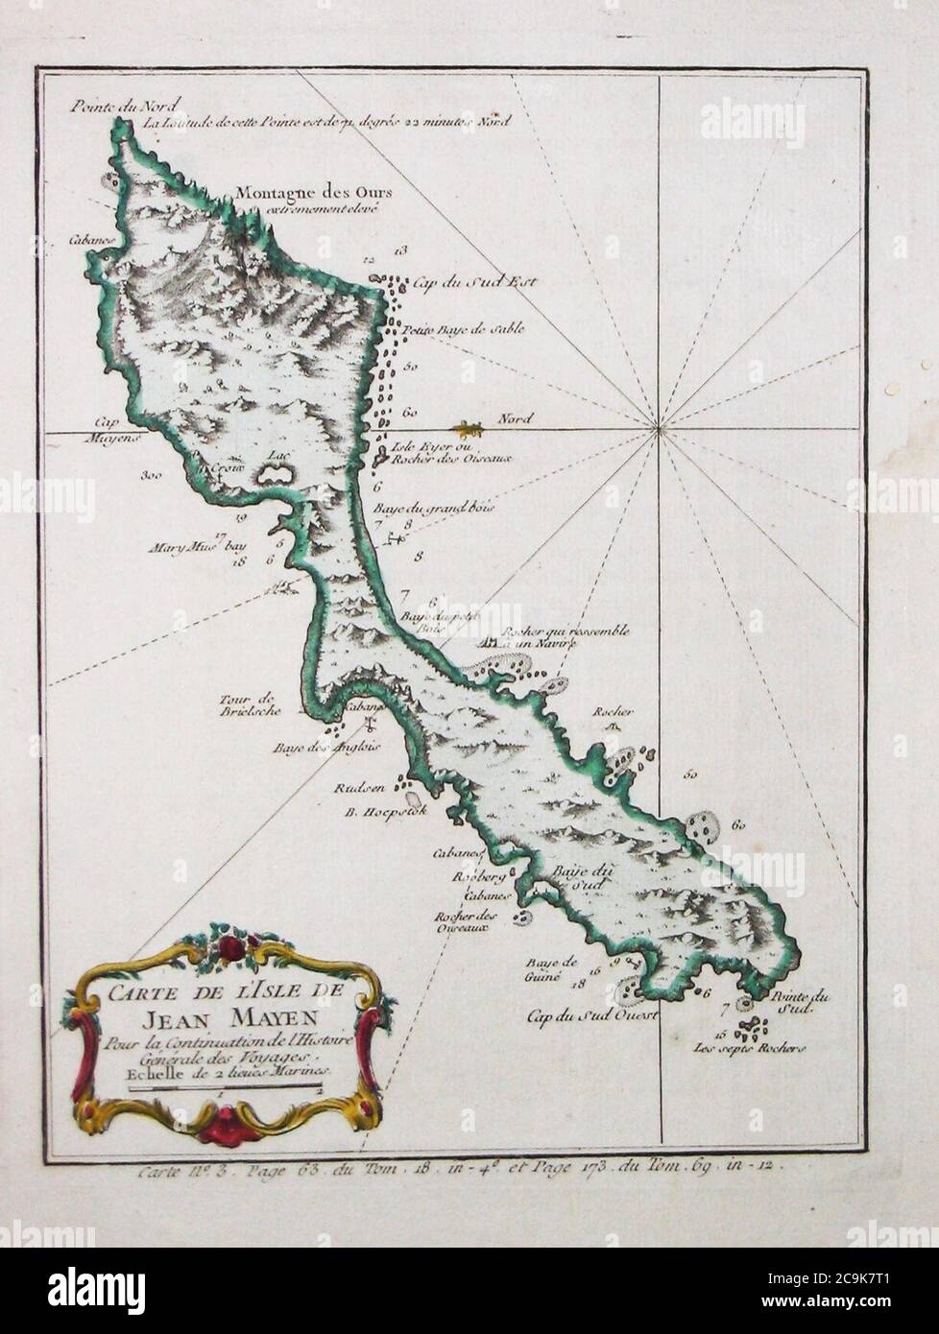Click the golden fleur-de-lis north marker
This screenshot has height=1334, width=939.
[468, 426]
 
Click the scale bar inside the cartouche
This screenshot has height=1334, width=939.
[221, 1084]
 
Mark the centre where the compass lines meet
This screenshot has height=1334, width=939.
[659, 431]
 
